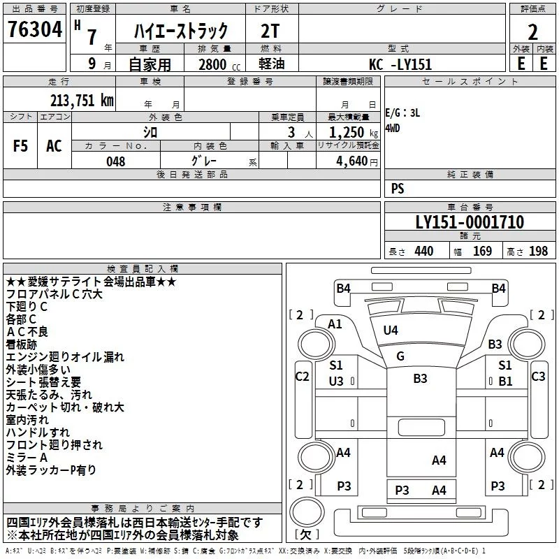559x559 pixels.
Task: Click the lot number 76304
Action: click(x=35, y=29)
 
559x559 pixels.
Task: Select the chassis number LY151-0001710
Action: click(x=470, y=222)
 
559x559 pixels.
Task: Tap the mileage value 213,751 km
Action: click(x=82, y=101)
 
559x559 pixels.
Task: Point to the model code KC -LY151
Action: click(x=400, y=64)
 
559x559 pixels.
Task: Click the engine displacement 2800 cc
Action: click(x=219, y=64)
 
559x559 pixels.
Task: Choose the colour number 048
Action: click(x=115, y=161)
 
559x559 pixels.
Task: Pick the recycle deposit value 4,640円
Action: click(x=357, y=161)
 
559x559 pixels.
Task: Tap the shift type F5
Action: click(x=20, y=146)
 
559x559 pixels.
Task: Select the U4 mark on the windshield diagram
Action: click(x=391, y=330)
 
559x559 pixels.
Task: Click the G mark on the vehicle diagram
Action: click(x=400, y=356)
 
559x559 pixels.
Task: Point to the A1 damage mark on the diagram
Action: click(x=335, y=324)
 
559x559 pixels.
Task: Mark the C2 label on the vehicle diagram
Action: click(x=303, y=376)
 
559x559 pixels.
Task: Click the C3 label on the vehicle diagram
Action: click(x=538, y=376)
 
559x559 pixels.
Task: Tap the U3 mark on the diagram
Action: click(x=336, y=381)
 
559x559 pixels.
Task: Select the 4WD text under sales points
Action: click(x=393, y=128)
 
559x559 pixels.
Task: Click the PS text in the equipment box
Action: click(x=398, y=189)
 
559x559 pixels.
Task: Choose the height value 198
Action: click(x=538, y=252)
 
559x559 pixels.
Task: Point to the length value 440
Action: click(x=424, y=252)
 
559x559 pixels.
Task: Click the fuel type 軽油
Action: click(x=272, y=64)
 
